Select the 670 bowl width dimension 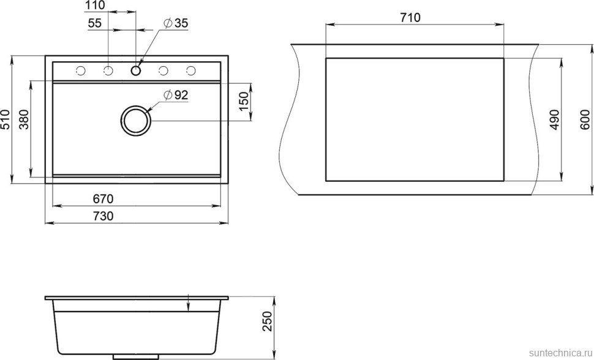pos(103,199)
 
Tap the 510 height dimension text pos(6,119)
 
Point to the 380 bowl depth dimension pos(24,119)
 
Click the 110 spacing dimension pos(96,6)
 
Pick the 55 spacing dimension pos(95,23)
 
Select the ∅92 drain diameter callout pos(176,95)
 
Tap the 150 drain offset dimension pos(243,100)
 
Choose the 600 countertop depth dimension pos(584,120)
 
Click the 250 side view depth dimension pos(266,321)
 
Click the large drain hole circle pos(135,120)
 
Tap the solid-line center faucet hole pos(135,70)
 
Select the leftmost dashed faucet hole pos(80,71)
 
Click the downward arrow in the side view pos(187,304)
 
